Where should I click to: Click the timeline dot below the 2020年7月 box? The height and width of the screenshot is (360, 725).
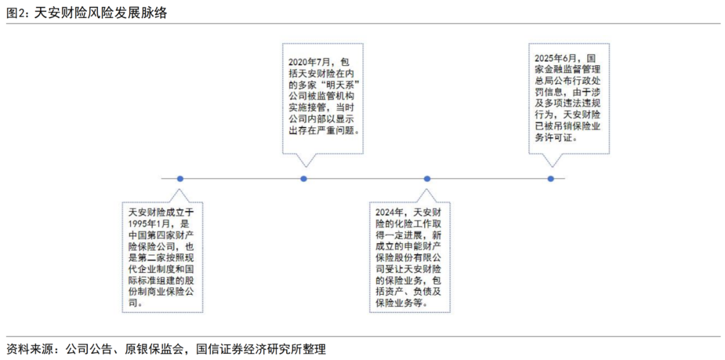(303, 179)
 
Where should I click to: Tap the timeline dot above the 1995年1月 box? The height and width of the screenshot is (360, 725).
(180, 179)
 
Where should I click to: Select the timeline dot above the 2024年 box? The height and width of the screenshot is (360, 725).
(427, 179)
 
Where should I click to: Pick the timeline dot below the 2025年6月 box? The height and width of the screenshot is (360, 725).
(550, 179)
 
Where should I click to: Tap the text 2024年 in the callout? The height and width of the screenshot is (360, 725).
(390, 212)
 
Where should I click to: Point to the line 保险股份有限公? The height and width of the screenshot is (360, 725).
(407, 258)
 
